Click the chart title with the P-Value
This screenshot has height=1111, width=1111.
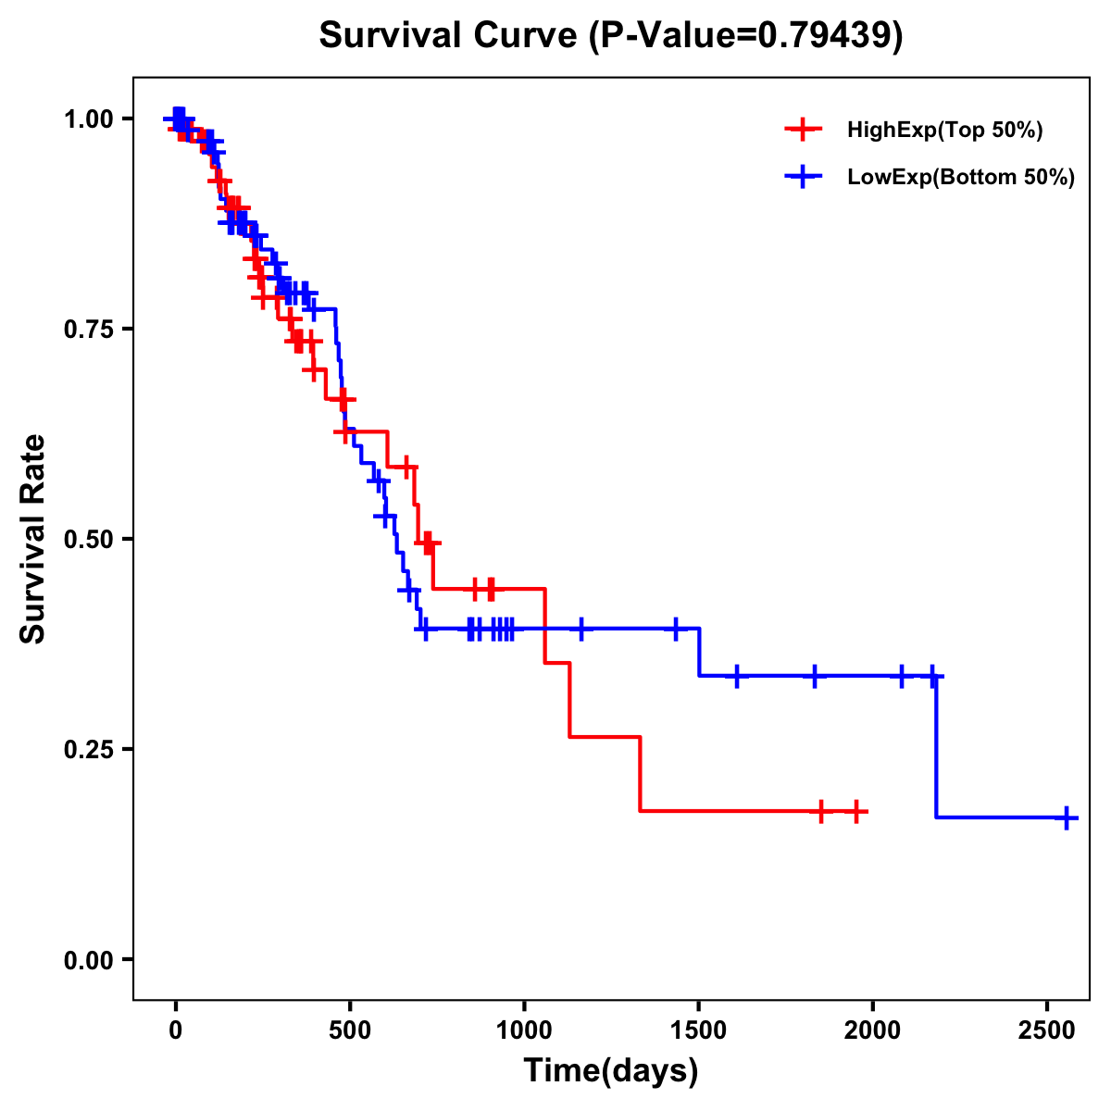pyautogui.click(x=610, y=35)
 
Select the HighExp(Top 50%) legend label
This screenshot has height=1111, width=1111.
pyautogui.click(x=944, y=131)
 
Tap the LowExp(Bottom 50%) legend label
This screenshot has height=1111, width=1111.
pyautogui.click(x=961, y=178)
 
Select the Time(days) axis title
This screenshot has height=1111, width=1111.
pyautogui.click(x=611, y=1071)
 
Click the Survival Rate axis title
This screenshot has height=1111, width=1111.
pyautogui.click(x=33, y=539)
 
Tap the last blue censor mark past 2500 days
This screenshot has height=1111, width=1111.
pyautogui.click(x=1067, y=818)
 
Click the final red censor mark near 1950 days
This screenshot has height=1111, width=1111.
pyautogui.click(x=857, y=811)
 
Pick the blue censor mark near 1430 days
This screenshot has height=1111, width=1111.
pyautogui.click(x=676, y=629)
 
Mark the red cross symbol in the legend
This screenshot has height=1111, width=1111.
pyautogui.click(x=803, y=131)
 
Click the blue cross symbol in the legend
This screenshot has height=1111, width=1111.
pyautogui.click(x=803, y=178)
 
